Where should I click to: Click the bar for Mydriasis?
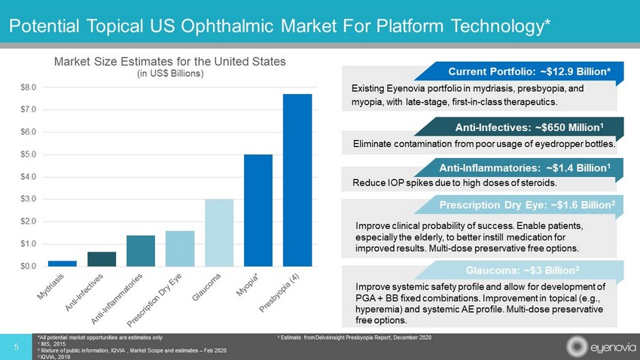click(x=62, y=263)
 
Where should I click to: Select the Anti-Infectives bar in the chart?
click(x=101, y=258)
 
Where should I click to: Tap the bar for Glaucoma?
click(x=219, y=233)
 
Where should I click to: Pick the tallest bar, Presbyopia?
click(x=297, y=180)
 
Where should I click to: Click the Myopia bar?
click(x=258, y=210)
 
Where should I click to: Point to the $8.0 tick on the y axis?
click(x=27, y=87)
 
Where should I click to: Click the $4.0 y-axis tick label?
click(x=27, y=177)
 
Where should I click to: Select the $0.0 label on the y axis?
click(x=27, y=266)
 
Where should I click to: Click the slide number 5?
click(x=17, y=346)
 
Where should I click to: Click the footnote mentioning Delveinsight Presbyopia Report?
click(x=355, y=336)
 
